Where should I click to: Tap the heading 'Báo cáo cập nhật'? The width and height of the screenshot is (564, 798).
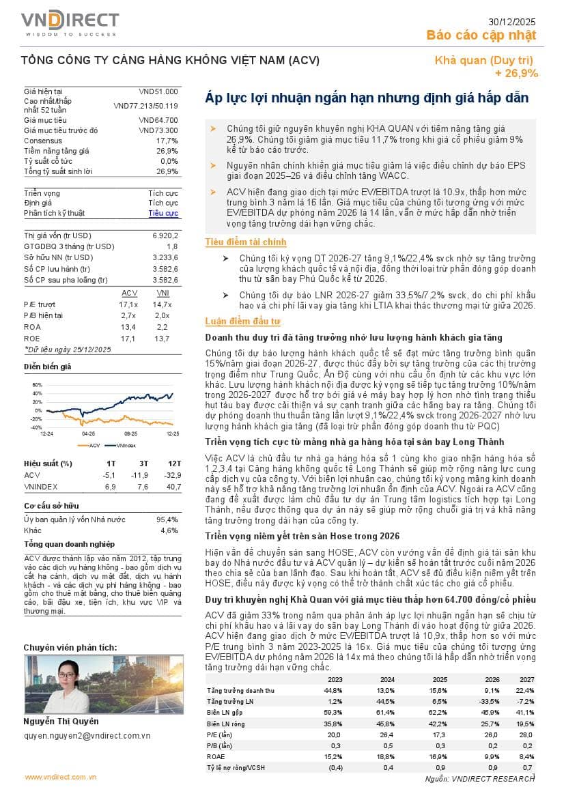[x=481, y=35]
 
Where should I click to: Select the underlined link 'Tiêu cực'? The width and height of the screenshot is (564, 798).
[x=164, y=214]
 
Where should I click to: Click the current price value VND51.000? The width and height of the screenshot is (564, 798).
[x=158, y=91]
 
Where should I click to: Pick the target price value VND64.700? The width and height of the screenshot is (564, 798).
[x=158, y=120]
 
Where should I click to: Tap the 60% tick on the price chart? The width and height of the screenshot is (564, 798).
[x=36, y=384]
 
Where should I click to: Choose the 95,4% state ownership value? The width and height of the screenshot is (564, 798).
[x=168, y=519]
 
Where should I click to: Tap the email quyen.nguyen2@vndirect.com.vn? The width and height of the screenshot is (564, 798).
[x=87, y=735]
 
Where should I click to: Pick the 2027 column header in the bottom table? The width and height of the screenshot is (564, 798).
[x=526, y=661]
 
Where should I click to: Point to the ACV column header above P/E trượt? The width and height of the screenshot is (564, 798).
[x=129, y=293]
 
